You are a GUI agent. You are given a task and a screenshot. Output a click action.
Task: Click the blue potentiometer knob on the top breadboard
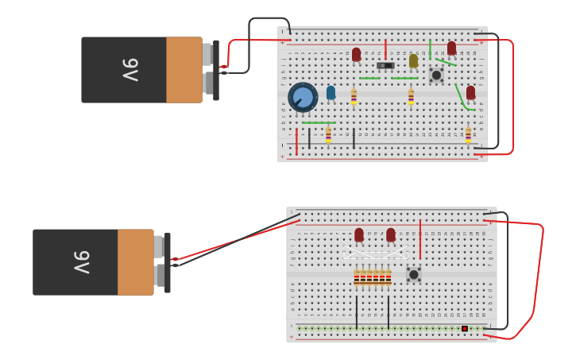pyautogui.click(x=303, y=98)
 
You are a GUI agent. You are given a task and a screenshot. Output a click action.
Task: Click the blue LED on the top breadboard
pyautogui.click(x=331, y=92)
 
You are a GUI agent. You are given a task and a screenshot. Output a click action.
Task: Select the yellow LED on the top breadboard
pyautogui.click(x=413, y=60)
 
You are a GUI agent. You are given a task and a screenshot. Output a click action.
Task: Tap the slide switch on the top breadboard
pyautogui.click(x=385, y=65)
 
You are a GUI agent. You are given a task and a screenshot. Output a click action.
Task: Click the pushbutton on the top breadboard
pyautogui.click(x=436, y=75)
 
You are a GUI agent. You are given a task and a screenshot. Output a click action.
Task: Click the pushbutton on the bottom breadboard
pyautogui.click(x=414, y=274)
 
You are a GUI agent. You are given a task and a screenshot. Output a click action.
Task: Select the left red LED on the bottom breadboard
pyautogui.click(x=359, y=234)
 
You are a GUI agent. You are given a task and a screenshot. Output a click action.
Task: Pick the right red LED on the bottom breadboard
pyautogui.click(x=391, y=234)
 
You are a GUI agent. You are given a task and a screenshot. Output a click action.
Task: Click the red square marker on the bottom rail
pyautogui.click(x=465, y=328)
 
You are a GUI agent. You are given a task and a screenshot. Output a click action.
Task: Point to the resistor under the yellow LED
pyautogui.click(x=411, y=97)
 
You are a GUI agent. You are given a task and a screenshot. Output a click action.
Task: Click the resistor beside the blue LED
pyautogui.click(x=354, y=97)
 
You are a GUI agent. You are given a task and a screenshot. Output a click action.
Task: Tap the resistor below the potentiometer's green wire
pyautogui.click(x=328, y=135)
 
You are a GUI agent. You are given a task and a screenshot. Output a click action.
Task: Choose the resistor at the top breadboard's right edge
pyautogui.click(x=468, y=135)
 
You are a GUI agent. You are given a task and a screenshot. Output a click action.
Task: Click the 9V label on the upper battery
pyautogui.click(x=130, y=70)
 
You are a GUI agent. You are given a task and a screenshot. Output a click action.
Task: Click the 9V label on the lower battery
pyautogui.click(x=82, y=262)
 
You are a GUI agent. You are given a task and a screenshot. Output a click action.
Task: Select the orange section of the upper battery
pyautogui.click(x=184, y=70)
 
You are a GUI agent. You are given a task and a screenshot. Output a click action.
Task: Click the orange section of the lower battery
pyautogui.click(x=136, y=262)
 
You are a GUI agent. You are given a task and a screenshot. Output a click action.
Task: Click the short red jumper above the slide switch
pyautogui.click(x=385, y=49)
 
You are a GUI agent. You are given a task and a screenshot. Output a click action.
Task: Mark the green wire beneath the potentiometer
pyautogui.click(x=319, y=122)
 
